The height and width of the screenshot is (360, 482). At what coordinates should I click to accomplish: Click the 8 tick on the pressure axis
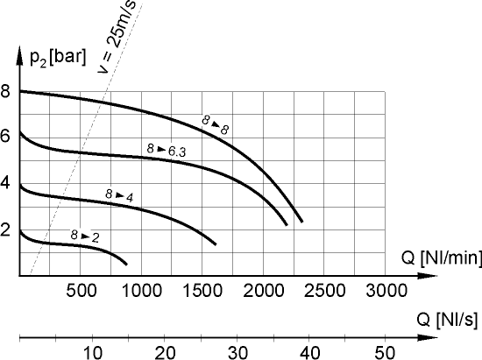[x=7, y=90]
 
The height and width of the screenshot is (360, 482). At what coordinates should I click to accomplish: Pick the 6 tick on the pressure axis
[x=7, y=137]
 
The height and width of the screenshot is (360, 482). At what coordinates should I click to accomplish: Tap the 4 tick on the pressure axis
[x=7, y=184]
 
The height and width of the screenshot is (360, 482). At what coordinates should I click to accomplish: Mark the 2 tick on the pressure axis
[x=7, y=230]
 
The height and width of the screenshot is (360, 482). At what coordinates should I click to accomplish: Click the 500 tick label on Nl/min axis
[x=81, y=290]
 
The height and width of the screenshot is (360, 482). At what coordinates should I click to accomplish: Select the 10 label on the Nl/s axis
[x=92, y=351]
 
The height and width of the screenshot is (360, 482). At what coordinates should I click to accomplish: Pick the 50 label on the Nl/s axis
[x=384, y=351]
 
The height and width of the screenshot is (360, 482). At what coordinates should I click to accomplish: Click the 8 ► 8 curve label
[x=213, y=124]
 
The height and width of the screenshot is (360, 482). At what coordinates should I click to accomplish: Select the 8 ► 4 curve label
[x=118, y=194]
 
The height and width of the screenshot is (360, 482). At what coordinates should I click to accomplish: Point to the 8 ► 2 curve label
[x=84, y=236]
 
